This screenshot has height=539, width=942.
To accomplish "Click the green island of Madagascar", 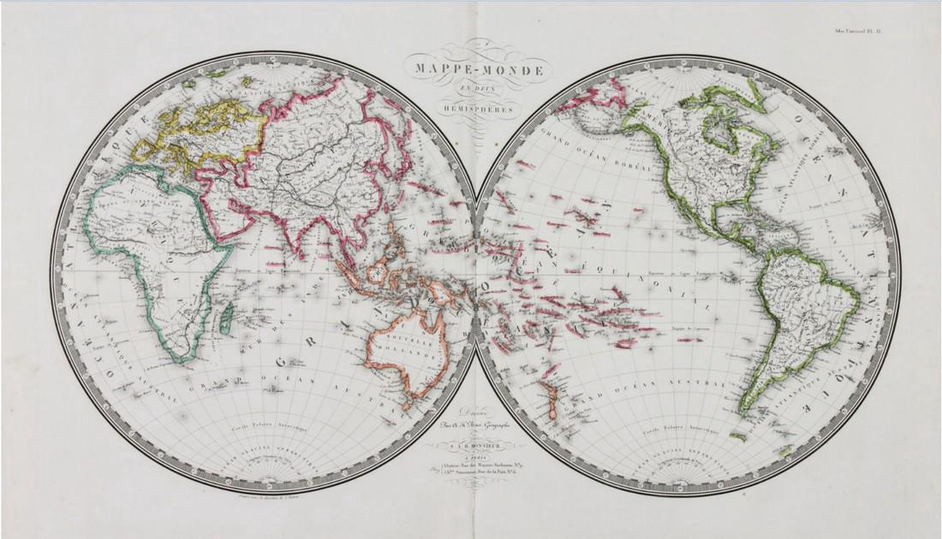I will pos(225,323).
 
